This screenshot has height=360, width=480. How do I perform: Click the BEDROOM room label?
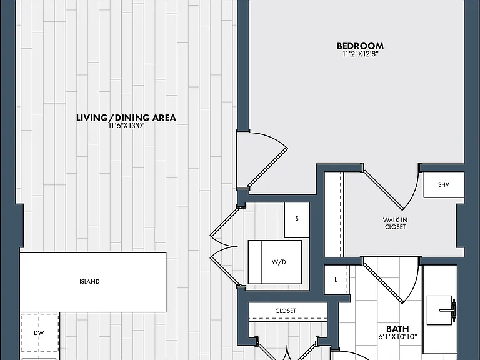[x=360, y=46]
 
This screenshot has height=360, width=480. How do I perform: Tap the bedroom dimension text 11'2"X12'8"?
[x=361, y=54]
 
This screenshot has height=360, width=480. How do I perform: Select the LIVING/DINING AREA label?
[x=126, y=117]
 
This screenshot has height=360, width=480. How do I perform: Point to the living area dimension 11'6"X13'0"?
[x=126, y=126]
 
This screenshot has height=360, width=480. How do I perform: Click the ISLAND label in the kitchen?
[x=89, y=282]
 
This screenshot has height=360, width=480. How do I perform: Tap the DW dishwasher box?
[x=40, y=332]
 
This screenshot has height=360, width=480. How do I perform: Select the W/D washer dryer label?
[x=279, y=262]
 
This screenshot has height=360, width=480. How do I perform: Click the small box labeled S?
[x=297, y=219]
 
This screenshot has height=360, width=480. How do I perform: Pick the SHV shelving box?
[x=444, y=184]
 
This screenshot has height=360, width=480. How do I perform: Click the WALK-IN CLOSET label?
[x=395, y=224]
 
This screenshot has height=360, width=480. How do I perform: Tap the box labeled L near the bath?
[x=336, y=280]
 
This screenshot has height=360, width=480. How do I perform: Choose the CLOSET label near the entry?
[x=286, y=311]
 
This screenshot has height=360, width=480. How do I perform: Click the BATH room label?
[x=397, y=329]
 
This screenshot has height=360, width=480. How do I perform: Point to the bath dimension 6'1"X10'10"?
[x=397, y=337]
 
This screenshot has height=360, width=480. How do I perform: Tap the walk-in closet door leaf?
[x=382, y=191]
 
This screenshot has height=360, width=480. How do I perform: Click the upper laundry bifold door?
[x=224, y=226]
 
